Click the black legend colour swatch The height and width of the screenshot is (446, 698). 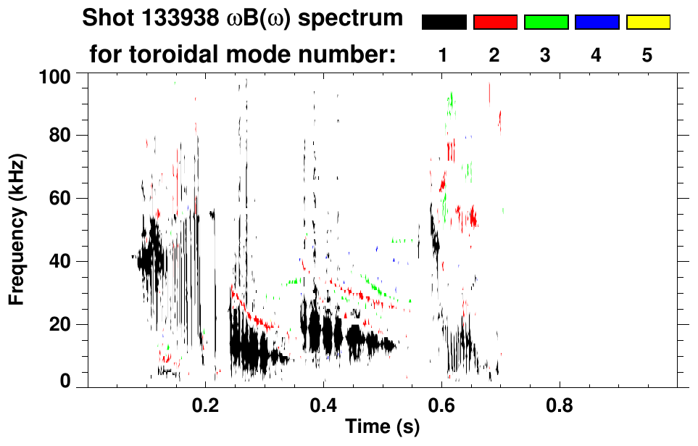pos(444,22)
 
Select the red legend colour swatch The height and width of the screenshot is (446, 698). pos(495,22)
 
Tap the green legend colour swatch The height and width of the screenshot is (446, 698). pos(546,22)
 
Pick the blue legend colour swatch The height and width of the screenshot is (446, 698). pos(597,22)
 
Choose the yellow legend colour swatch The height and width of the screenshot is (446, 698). pos(648,22)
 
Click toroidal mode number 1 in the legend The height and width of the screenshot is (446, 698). pos(444,55)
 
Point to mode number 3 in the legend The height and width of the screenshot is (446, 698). pos(546,55)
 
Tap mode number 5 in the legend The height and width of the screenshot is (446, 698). pos(648,55)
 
